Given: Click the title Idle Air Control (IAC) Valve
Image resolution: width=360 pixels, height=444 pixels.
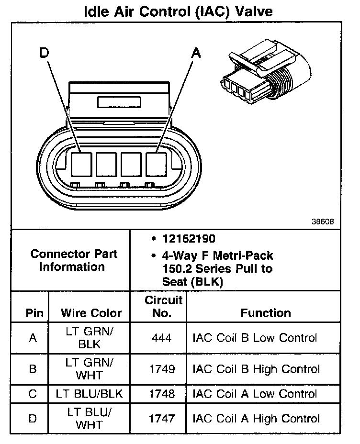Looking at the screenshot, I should click(x=178, y=11).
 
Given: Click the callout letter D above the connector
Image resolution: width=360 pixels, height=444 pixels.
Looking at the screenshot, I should click(x=45, y=54).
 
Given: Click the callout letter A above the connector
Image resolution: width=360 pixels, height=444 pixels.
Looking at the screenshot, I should click(x=195, y=54).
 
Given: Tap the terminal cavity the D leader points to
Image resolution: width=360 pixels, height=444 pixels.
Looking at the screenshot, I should click(x=81, y=164).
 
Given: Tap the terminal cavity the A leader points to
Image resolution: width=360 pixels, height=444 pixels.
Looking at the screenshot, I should click(x=156, y=164).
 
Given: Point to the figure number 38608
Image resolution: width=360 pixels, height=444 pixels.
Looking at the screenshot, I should click(x=322, y=222).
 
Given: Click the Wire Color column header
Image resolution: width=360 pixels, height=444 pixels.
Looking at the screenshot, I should click(x=91, y=313).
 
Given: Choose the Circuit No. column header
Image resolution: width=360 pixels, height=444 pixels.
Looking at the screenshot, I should click(x=163, y=307).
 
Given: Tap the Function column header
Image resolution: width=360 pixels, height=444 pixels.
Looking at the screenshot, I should click(x=266, y=313).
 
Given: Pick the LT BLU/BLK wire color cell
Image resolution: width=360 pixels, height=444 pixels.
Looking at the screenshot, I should click(x=89, y=394).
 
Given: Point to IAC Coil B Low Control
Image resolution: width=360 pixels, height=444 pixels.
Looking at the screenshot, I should click(x=255, y=338).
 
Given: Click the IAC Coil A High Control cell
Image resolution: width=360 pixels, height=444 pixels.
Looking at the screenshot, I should click(x=256, y=419).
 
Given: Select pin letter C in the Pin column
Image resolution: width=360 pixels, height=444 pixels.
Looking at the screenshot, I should click(x=33, y=394).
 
